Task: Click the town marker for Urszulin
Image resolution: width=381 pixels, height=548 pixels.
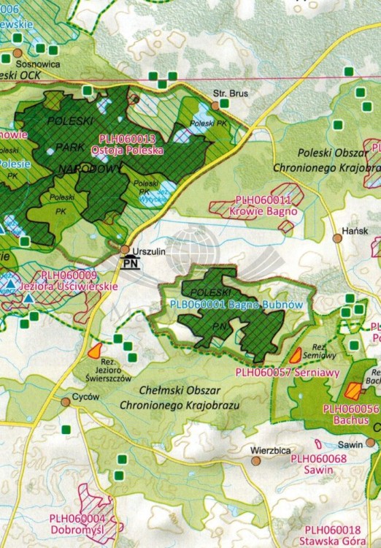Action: coord(126,249)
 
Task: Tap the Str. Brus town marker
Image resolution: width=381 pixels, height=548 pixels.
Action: coord(216,105)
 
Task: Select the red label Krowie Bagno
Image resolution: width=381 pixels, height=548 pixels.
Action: coord(269,210)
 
